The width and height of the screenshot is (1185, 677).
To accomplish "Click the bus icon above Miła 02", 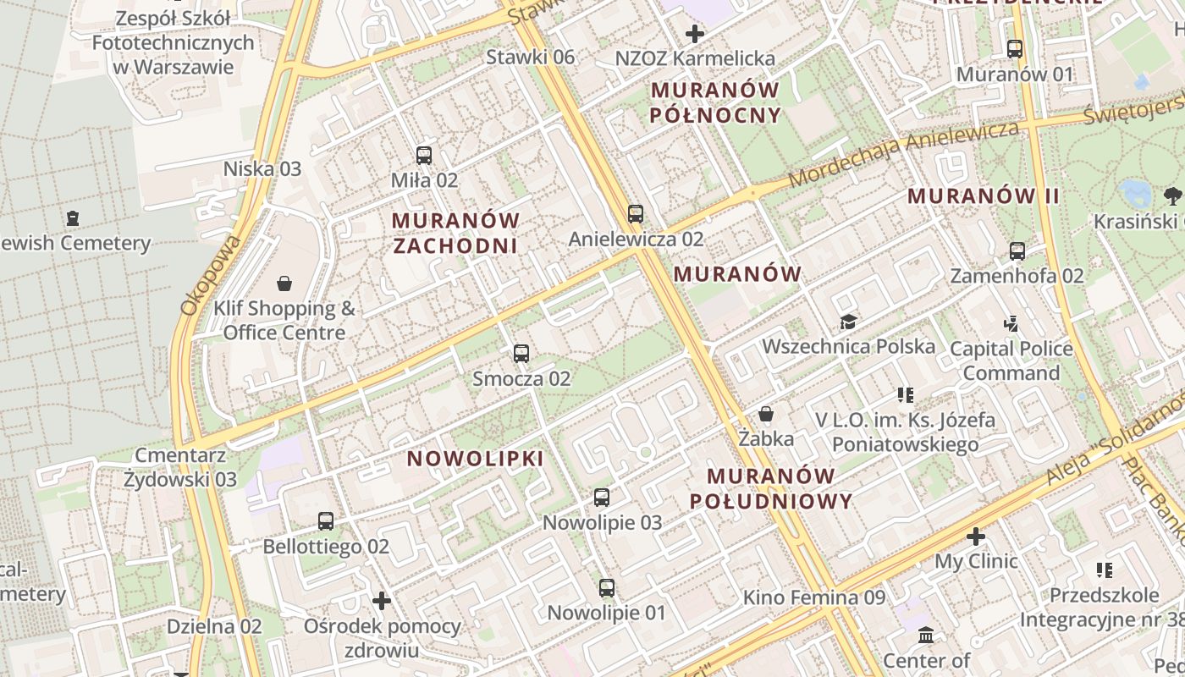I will (x=424, y=156).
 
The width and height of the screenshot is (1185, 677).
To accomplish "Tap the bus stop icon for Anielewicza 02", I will (x=636, y=214).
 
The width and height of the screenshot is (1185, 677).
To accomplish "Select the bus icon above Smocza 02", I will (x=521, y=354).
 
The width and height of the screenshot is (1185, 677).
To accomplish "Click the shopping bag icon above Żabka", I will (x=766, y=414).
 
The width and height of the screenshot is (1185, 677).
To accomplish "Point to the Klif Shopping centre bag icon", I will (x=284, y=283).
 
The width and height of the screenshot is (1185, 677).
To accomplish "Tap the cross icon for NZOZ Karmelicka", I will (x=695, y=34).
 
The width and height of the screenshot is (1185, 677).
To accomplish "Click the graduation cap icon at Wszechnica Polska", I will (x=848, y=322).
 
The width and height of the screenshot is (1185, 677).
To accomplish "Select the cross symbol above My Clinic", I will (x=976, y=537).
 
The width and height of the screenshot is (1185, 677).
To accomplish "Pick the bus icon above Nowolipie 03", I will (x=602, y=498).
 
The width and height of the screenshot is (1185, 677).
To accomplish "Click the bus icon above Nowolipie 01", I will (x=607, y=587).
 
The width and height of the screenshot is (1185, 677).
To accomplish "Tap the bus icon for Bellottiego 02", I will (x=326, y=521).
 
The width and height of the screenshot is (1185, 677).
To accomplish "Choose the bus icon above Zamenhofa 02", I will (x=1017, y=251).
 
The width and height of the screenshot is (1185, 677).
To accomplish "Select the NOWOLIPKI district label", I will (x=475, y=459).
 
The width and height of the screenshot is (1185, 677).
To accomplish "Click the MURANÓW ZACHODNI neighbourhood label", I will (x=455, y=233).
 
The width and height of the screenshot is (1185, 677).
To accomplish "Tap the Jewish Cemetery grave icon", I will (x=73, y=218).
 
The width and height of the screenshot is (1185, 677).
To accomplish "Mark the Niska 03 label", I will (x=262, y=168).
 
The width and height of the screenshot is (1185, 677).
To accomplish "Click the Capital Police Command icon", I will (x=1011, y=323).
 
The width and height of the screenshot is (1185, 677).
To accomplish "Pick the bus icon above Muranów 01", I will (x=1015, y=49).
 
